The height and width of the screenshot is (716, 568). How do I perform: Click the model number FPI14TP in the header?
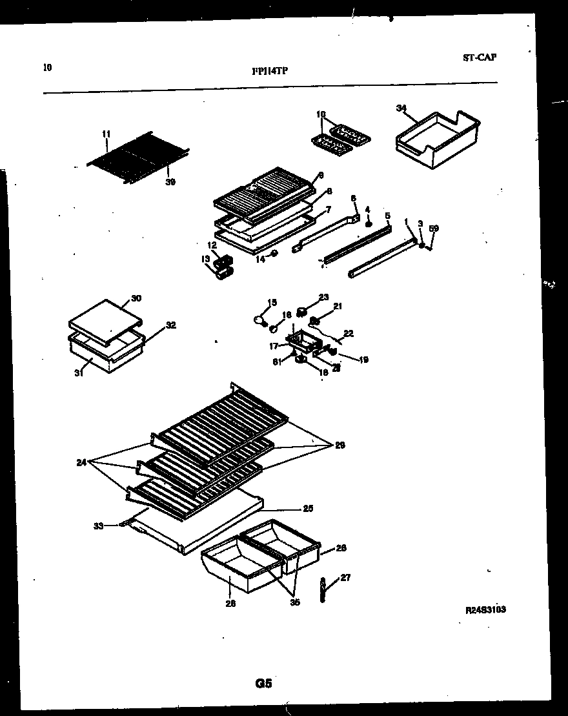coord(269,72)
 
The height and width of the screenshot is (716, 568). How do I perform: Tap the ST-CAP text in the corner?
coord(480,57)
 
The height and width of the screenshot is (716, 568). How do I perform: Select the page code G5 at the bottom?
coord(263,684)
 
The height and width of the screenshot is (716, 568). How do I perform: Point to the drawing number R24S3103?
coord(485,609)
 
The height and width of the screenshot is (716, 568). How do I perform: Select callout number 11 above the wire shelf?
coord(106,134)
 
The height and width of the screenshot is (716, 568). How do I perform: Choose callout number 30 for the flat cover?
coord(136,298)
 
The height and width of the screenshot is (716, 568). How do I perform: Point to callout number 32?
coord(170,325)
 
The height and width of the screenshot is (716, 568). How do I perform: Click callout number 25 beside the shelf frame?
coord(308,509)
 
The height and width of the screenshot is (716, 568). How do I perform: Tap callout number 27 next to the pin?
coord(345,578)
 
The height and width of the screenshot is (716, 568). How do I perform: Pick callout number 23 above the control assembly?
coord(323,298)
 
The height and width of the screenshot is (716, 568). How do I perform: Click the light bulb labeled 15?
coord(259,319)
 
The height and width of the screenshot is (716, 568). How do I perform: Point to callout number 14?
coord(260,260)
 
